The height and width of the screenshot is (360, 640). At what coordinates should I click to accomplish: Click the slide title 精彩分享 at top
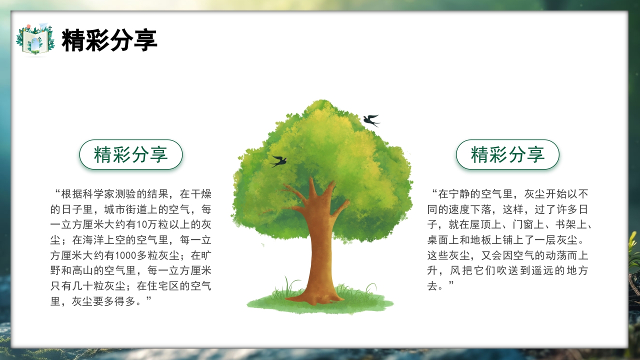(109, 40)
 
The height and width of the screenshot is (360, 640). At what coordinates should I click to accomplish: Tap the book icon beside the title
(35, 39)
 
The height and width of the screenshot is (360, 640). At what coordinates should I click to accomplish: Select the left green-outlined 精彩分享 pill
(131, 154)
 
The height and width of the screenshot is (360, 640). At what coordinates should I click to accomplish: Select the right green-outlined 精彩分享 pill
(507, 154)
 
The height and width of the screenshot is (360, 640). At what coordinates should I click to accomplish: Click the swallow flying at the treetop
(371, 120)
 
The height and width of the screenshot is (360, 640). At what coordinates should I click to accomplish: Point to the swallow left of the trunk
(278, 161)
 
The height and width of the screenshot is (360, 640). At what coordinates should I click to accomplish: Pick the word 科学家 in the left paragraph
(104, 193)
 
